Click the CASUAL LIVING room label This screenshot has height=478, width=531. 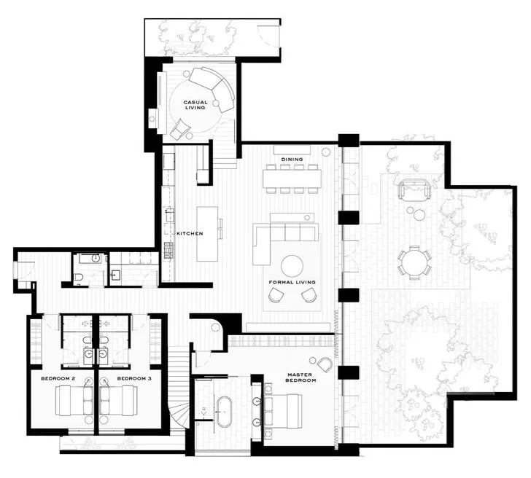(x=195, y=105)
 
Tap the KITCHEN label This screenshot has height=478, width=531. (x=190, y=233)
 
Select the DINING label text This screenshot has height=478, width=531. (x=292, y=159)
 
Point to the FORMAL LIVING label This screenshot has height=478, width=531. (x=292, y=282)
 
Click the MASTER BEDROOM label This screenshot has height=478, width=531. (x=301, y=377)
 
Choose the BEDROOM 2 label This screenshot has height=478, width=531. (x=58, y=379)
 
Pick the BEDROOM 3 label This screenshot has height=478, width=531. (x=134, y=379)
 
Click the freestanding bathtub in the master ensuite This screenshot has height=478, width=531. (x=224, y=412)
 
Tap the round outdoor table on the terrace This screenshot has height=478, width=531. (x=414, y=262)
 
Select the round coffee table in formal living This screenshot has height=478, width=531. (x=292, y=266)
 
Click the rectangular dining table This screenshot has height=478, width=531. (x=292, y=179)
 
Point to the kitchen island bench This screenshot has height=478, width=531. (x=207, y=234)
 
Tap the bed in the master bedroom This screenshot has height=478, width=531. (x=283, y=410)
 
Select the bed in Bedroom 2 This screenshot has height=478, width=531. (x=74, y=401)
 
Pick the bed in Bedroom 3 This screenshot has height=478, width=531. (x=118, y=401)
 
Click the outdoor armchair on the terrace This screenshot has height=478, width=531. (x=414, y=190)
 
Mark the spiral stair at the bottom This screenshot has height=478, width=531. (x=179, y=415)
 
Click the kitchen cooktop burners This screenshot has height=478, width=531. (x=168, y=251)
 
